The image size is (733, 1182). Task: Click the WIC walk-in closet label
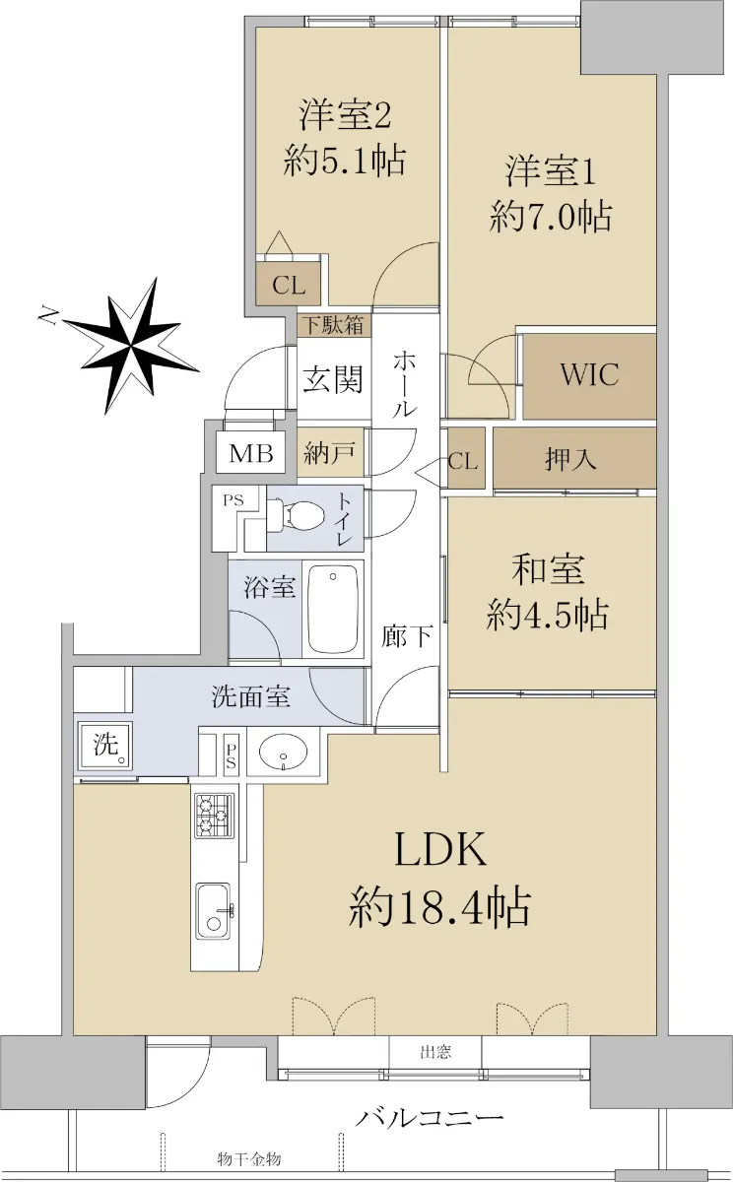[589, 374]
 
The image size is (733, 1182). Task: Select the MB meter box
[250, 452]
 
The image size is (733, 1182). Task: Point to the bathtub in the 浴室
[332, 610]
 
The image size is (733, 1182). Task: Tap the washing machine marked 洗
[105, 745]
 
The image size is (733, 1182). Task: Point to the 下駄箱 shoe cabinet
[334, 325]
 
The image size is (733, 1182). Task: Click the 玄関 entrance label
[333, 378]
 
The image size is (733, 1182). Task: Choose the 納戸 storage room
[330, 452]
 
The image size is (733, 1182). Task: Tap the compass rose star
[130, 346]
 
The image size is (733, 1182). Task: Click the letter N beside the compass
[48, 315]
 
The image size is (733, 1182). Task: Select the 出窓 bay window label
[435, 1052]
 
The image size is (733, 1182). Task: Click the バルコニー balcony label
[430, 1103]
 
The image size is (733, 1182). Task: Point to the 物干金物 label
[249, 1156]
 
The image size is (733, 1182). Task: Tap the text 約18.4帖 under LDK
[439, 906]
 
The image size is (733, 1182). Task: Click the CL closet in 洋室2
[289, 286]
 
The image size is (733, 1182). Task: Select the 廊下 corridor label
[408, 635]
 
